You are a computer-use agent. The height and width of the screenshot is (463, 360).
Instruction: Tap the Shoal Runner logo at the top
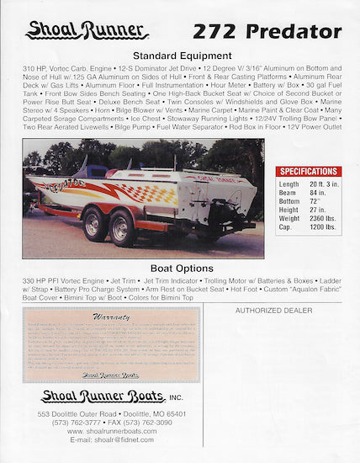pos(87,30)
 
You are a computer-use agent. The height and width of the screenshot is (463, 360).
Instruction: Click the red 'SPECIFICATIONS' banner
pos(309,171)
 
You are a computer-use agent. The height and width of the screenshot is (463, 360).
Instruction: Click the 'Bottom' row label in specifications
pos(289,201)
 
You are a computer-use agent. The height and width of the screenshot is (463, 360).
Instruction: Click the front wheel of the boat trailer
pos(94,226)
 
